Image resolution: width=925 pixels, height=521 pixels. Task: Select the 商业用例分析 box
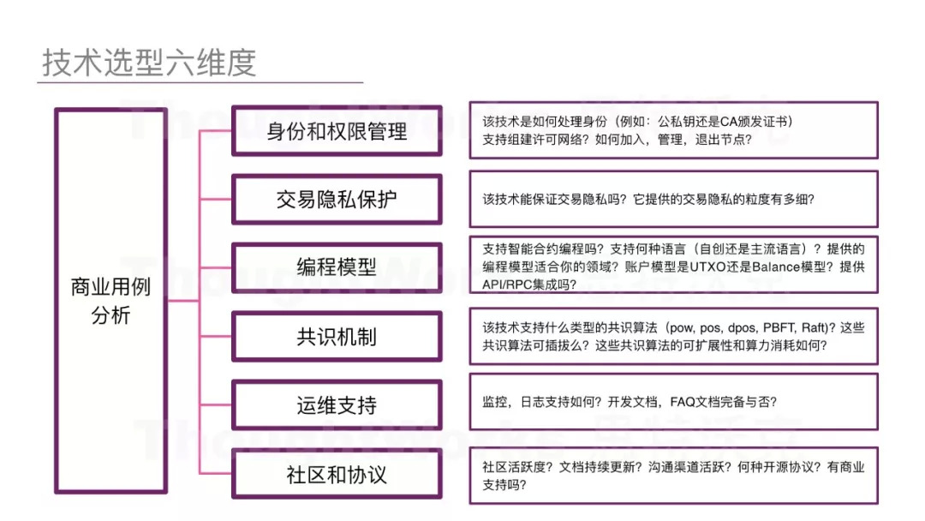(x=110, y=300)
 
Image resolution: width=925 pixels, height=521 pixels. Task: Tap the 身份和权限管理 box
(x=337, y=131)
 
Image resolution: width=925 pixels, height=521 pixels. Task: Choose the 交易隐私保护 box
(x=337, y=199)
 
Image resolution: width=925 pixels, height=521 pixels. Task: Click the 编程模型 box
(x=337, y=266)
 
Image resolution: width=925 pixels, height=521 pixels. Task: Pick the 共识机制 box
(x=337, y=336)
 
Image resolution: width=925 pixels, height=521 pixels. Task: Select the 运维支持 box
(x=337, y=404)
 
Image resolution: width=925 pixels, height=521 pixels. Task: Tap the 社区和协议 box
(x=337, y=474)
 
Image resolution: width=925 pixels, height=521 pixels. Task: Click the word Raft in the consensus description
(x=815, y=328)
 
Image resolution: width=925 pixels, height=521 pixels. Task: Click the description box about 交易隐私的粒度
(x=673, y=199)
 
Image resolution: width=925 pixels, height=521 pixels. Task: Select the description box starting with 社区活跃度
(x=673, y=476)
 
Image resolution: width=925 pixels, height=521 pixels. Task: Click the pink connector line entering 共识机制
(x=216, y=336)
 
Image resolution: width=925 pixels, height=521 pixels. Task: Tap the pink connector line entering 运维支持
(x=216, y=404)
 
